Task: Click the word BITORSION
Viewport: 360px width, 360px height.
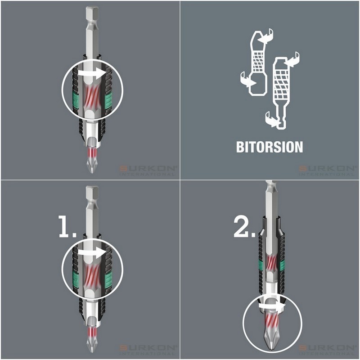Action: pos(269,147)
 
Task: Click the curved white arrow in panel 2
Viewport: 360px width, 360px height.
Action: pos(269,306)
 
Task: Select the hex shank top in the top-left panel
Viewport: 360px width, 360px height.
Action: pos(92,11)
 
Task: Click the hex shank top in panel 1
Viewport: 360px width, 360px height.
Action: pos(92,193)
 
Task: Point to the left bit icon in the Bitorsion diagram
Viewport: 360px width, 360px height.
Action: pos(256,63)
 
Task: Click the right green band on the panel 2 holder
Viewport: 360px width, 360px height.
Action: pos(282,265)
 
